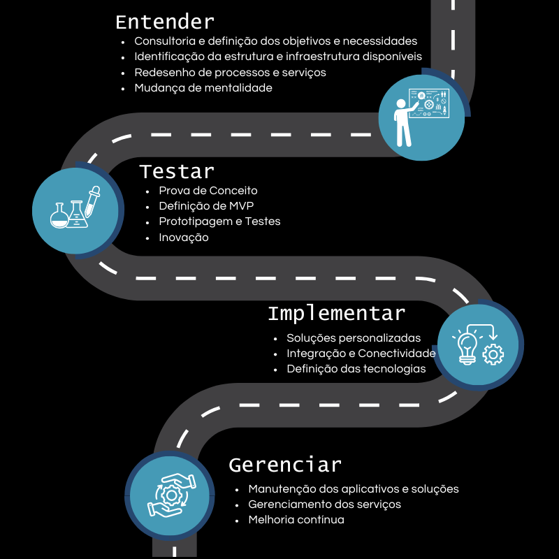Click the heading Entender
[x=165, y=22]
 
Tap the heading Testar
[x=177, y=172]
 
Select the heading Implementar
[x=337, y=314]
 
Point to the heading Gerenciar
[x=285, y=465]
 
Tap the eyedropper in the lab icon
[x=92, y=201]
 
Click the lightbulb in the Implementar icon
[x=467, y=348]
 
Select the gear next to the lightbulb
[x=493, y=355]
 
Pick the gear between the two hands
[x=171, y=495]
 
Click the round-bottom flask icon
[x=59, y=216]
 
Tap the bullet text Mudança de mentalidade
[x=203, y=88]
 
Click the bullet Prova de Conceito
[x=208, y=191]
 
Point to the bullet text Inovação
[x=184, y=238]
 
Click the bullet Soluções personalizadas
[x=354, y=338]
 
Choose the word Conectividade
[x=397, y=354]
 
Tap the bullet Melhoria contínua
[x=296, y=520]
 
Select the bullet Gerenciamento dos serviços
[x=324, y=504]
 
